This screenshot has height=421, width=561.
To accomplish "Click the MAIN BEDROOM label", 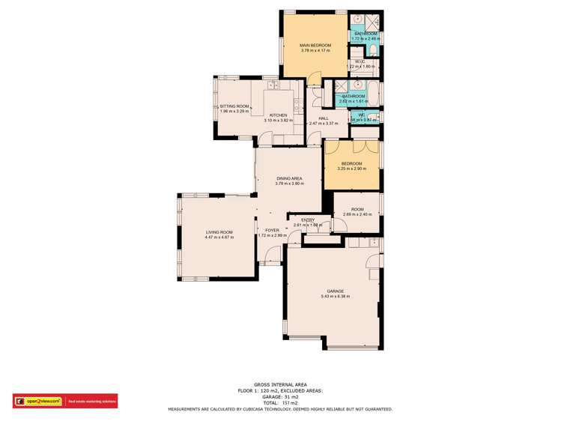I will [315, 46].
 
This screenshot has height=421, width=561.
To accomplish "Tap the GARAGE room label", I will [335, 291].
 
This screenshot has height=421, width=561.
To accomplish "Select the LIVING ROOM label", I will [219, 232].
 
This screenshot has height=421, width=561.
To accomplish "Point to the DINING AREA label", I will [289, 178].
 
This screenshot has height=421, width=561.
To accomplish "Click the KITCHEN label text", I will [279, 115].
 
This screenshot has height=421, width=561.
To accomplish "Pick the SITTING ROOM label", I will [234, 106].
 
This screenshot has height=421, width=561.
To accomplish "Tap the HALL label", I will [324, 118].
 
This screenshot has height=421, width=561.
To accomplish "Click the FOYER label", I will [272, 230].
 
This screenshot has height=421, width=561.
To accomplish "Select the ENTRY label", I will [308, 219].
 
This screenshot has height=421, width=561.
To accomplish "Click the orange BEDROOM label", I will [351, 163].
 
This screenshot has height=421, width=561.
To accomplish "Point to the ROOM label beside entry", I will [357, 210].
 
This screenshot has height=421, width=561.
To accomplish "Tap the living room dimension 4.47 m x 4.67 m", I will [219, 237].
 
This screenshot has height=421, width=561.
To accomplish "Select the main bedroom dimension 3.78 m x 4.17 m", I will [315, 51].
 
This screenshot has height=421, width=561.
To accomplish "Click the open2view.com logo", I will [39, 402].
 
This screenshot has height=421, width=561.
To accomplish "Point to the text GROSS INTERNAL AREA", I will [280, 385].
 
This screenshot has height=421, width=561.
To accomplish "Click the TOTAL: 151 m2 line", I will [280, 404].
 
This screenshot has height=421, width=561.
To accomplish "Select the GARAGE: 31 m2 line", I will [280, 398].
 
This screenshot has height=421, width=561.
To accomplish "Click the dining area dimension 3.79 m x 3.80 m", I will [289, 184].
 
